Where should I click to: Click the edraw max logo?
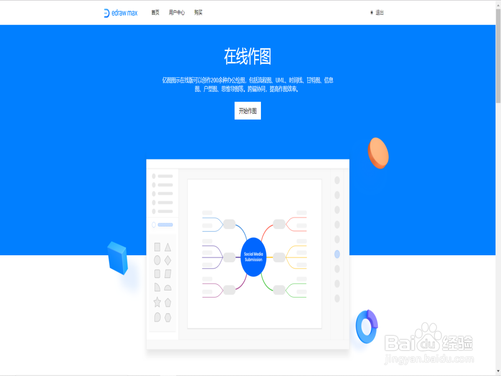click(x=121, y=13)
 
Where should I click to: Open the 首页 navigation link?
click(x=155, y=13)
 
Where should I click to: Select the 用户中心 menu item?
click(x=177, y=13)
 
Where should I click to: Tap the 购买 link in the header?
click(x=198, y=13)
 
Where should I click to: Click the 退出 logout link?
click(x=379, y=13)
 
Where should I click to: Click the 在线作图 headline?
click(x=248, y=57)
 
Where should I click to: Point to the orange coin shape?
click(x=378, y=153)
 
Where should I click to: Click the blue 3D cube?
click(x=117, y=258)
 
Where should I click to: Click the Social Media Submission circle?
click(x=253, y=257)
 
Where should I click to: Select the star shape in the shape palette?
click(x=157, y=302)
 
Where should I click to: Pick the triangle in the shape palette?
click(x=168, y=247)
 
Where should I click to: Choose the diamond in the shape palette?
click(x=168, y=260)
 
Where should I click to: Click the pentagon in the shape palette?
click(x=168, y=302)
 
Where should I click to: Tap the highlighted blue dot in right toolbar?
click(x=337, y=254)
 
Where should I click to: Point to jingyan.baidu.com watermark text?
click(x=429, y=359)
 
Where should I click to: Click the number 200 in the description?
click(x=216, y=80)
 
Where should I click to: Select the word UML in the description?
click(x=280, y=80)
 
